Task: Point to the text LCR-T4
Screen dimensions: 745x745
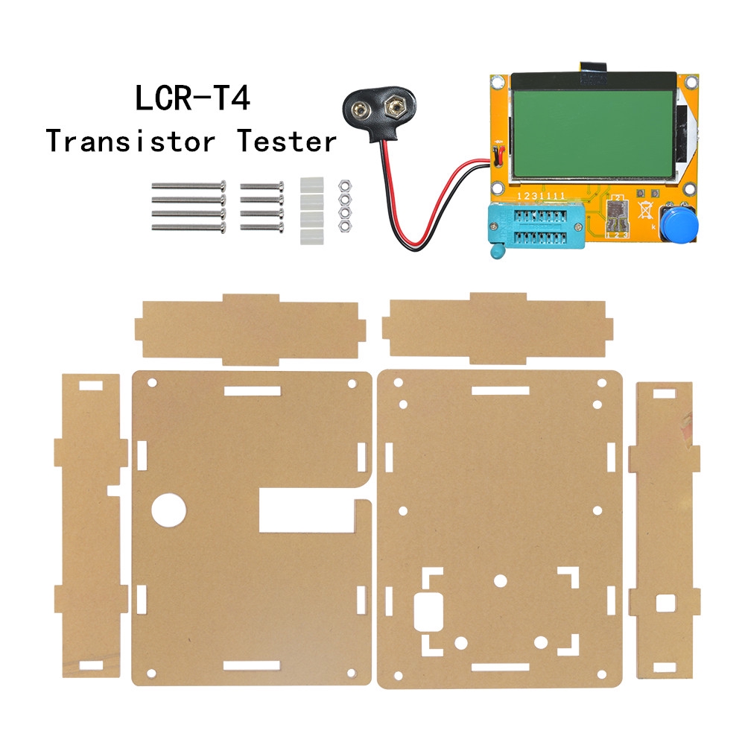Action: pos(192,99)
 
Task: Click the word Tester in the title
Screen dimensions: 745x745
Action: pos(287,140)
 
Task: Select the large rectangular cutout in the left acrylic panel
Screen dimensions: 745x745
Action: pos(305,510)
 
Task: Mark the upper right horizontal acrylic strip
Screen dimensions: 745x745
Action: pos(497,329)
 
